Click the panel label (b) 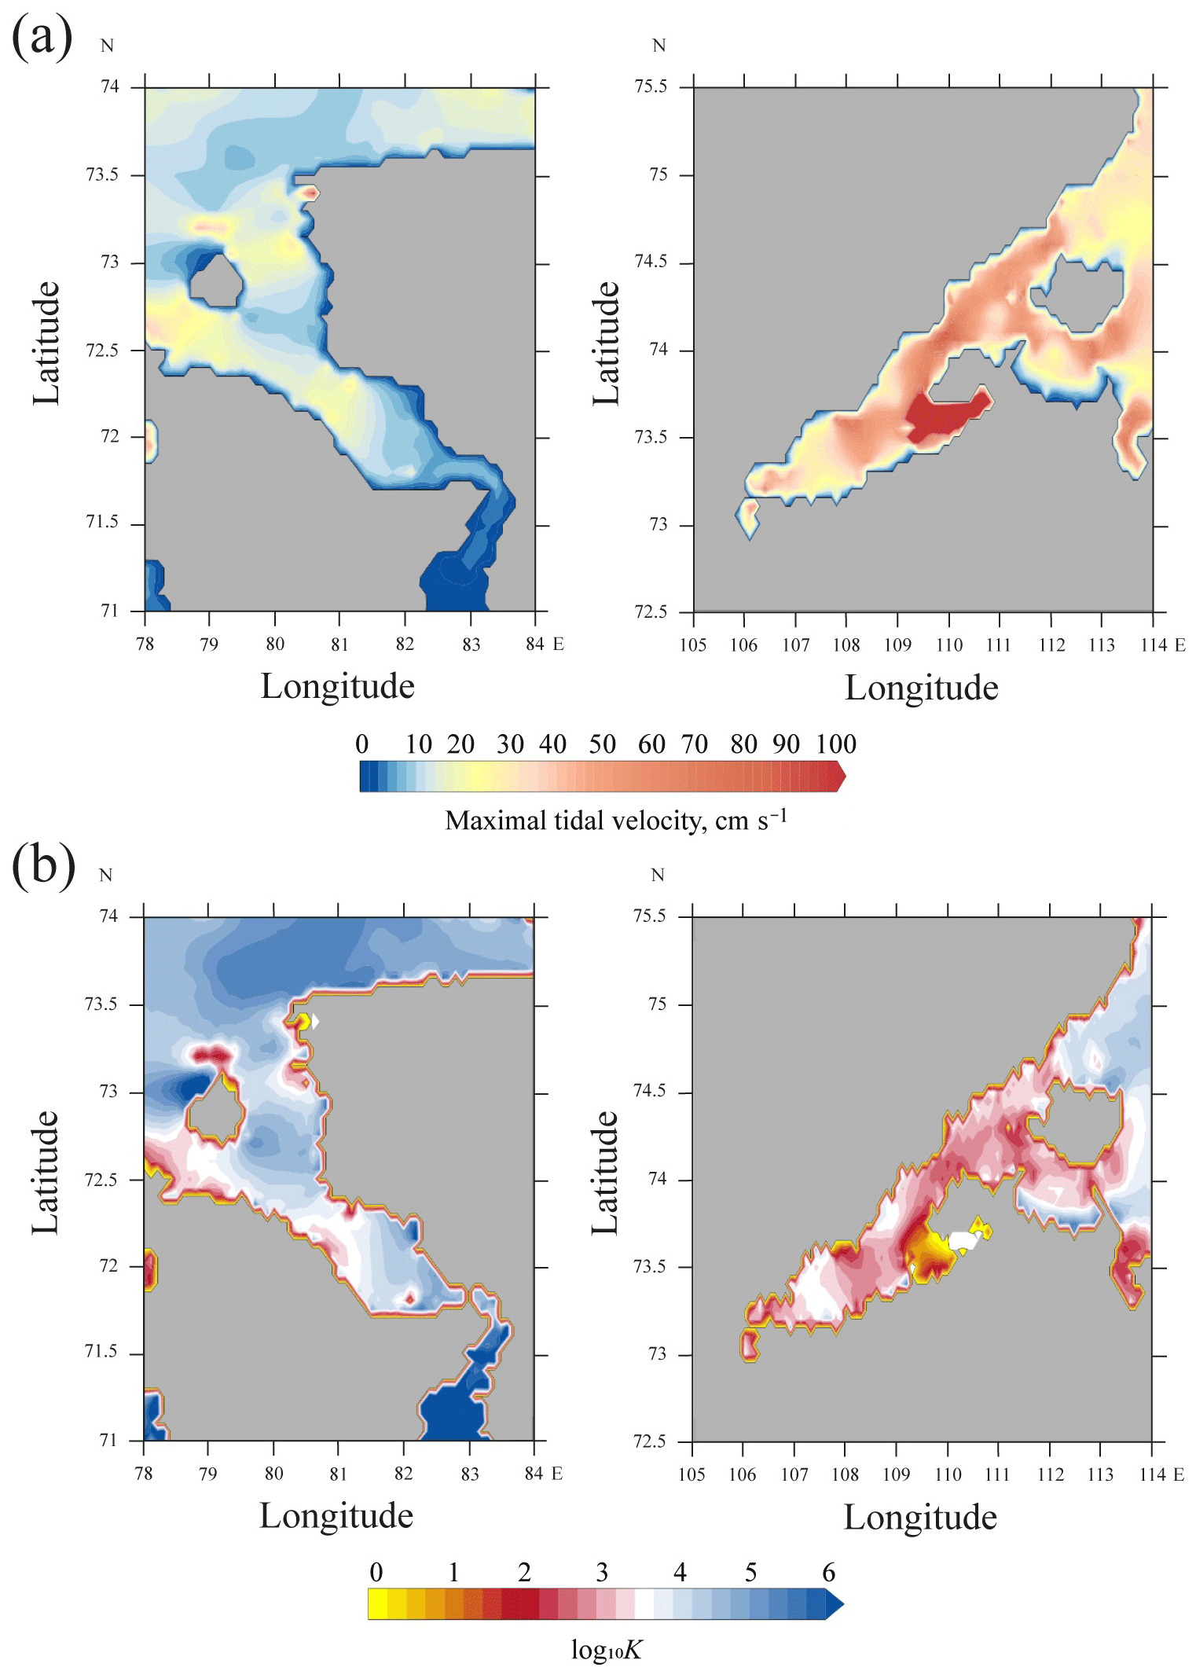coord(43,866)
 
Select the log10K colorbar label coord(606,1650)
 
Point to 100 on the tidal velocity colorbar coord(835,744)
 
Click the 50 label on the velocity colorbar coord(602,744)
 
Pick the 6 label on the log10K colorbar coord(828,1572)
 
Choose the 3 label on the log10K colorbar coord(602,1572)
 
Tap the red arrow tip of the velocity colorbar coord(841,777)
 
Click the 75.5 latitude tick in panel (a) coord(651,86)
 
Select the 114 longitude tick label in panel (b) coord(1151,1474)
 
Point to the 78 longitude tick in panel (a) coord(145,644)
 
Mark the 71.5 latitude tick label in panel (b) coord(101,1351)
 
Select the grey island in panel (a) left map coord(215,281)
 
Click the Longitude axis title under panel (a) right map coord(921,688)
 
